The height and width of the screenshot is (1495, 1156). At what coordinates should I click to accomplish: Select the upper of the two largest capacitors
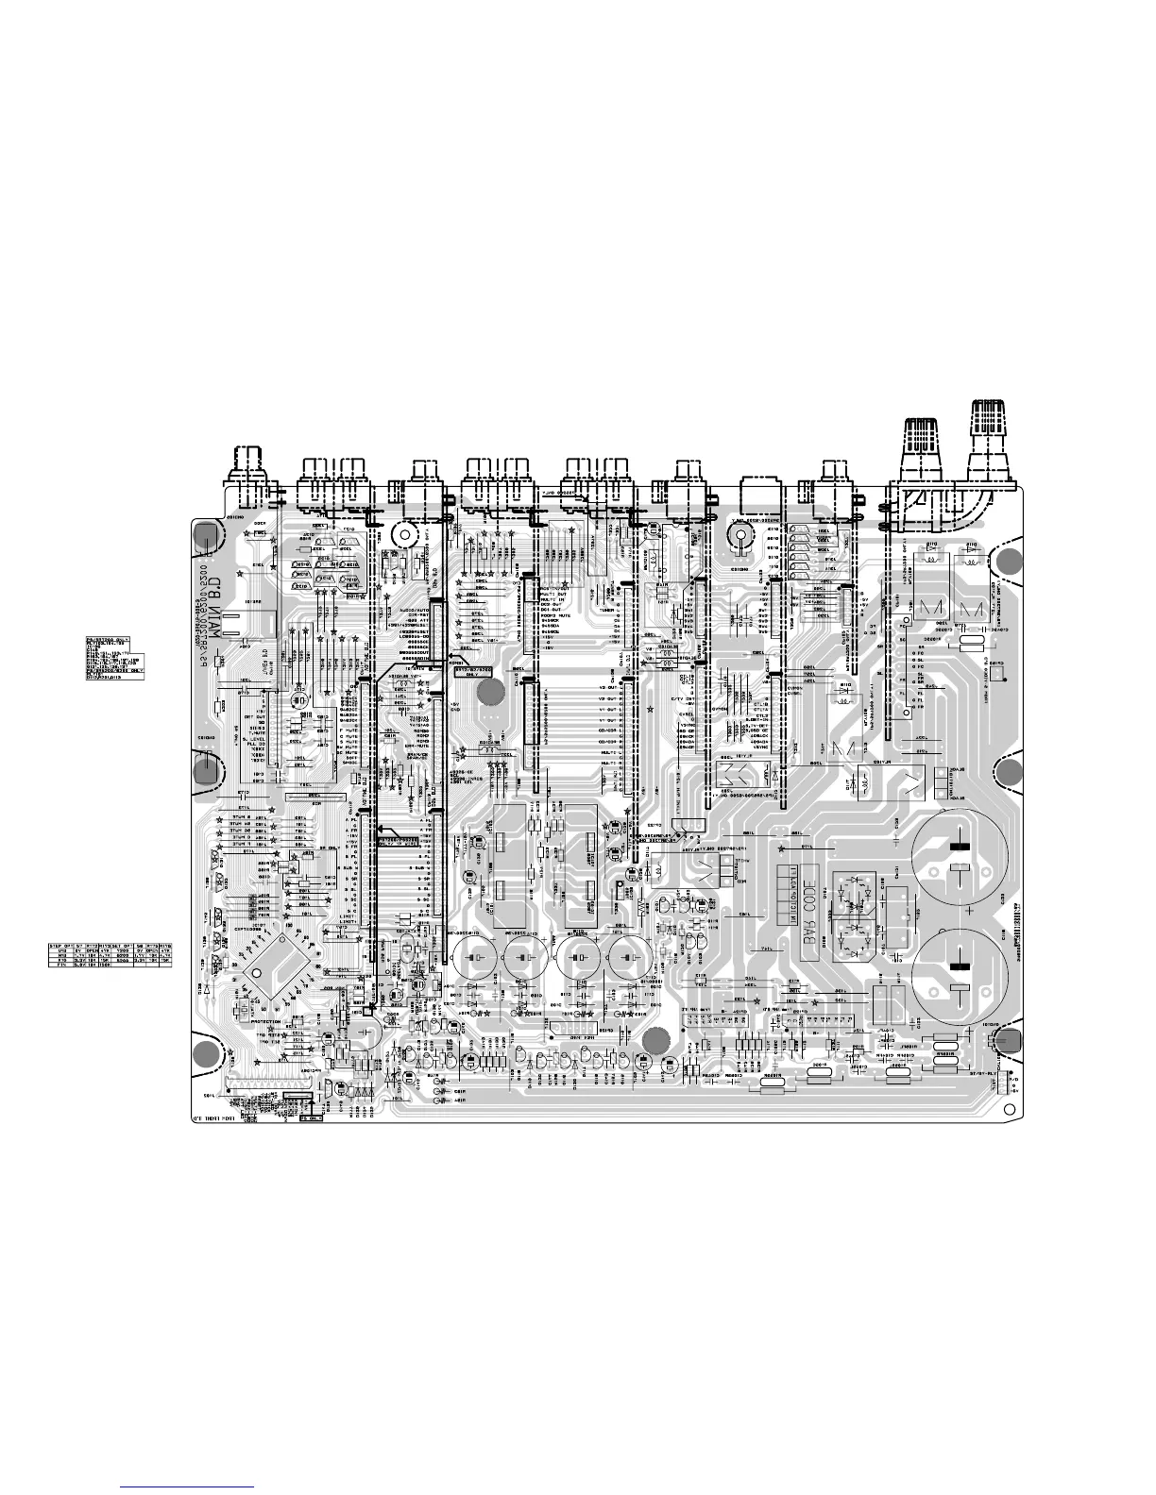pyautogui.click(x=959, y=856)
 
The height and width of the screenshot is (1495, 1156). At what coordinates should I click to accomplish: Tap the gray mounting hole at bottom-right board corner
pyautogui.click(x=1008, y=1040)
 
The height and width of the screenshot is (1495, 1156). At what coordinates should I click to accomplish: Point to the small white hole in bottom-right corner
pyautogui.click(x=1010, y=1107)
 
